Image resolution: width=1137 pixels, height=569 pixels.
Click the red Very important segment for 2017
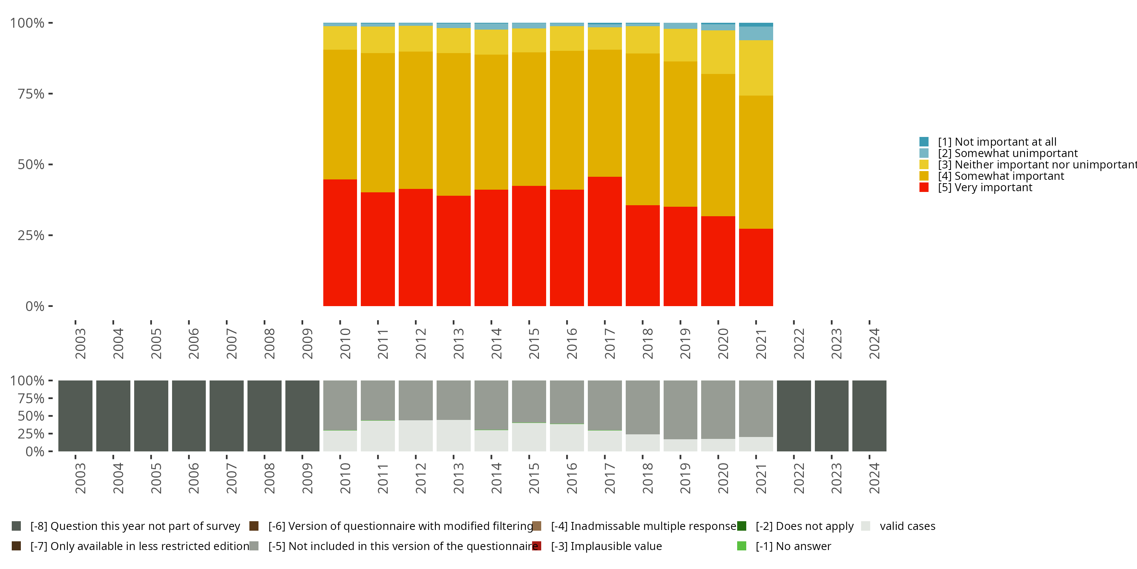[x=605, y=241]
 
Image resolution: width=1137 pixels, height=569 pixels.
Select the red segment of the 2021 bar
[x=756, y=267]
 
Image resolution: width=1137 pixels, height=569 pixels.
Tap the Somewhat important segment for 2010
[x=340, y=115]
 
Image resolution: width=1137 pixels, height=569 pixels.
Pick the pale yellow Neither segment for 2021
[x=756, y=68]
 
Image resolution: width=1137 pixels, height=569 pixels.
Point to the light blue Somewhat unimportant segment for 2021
[x=756, y=33]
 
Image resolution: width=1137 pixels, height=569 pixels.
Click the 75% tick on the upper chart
[x=31, y=94]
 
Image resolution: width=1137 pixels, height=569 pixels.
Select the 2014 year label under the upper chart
[x=496, y=343]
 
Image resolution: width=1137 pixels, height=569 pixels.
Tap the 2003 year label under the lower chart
[x=80, y=478]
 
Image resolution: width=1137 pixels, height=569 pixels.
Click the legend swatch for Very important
[x=924, y=188]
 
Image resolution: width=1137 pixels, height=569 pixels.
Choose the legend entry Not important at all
[x=997, y=142]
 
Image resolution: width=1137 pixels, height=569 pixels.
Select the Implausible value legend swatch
[x=537, y=546]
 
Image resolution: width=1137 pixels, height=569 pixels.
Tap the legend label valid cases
[x=907, y=526]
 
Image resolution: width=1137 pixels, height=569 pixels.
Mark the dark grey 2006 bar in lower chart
[x=189, y=416]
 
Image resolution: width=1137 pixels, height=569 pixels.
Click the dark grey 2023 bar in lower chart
[x=832, y=416]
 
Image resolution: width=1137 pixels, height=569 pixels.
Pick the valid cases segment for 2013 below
[x=453, y=435]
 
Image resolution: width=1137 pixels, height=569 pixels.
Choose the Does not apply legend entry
[x=804, y=526]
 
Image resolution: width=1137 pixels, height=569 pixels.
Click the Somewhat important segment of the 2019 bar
[x=680, y=134]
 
